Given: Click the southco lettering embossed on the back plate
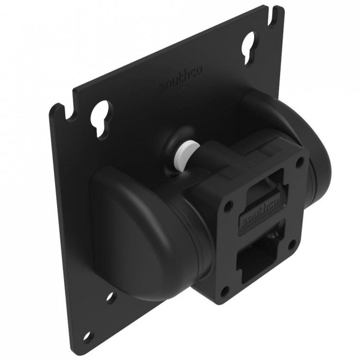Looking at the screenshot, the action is [181, 79].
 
